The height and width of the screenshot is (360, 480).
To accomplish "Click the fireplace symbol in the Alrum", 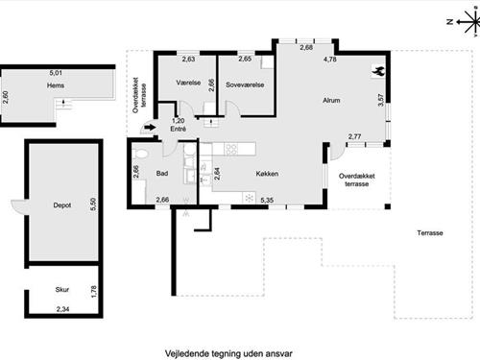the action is [x=378, y=71].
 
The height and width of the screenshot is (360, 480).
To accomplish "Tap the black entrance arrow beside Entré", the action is [x=150, y=128].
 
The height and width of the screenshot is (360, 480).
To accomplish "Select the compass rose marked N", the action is [x=468, y=22].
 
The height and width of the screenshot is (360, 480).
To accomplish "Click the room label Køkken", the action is [x=267, y=174].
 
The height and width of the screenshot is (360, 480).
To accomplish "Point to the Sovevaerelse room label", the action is [x=245, y=84].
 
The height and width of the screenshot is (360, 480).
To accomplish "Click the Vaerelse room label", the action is [x=188, y=83].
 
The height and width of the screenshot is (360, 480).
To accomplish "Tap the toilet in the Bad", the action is [x=140, y=154].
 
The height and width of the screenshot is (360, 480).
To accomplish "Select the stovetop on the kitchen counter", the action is [x=231, y=149].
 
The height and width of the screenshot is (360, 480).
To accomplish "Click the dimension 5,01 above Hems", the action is [x=56, y=73].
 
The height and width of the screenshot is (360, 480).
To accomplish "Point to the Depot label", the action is [x=62, y=205].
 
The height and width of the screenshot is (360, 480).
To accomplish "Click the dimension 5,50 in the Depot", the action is [x=93, y=204].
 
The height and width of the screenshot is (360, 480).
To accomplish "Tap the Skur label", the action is [x=62, y=289].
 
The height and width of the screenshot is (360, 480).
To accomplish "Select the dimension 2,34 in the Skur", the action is [x=62, y=309].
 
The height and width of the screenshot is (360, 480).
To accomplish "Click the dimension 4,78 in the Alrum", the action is [x=330, y=59].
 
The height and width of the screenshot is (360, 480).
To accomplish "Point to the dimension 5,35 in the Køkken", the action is [x=267, y=201].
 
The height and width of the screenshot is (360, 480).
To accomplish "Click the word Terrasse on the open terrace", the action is [x=430, y=233].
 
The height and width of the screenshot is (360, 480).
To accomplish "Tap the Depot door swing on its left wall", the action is [x=18, y=206].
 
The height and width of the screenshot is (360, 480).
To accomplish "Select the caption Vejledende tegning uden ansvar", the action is [x=228, y=353].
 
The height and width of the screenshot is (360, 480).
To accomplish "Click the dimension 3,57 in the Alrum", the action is [x=380, y=100].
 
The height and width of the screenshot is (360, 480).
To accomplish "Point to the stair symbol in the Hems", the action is [x=63, y=104].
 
